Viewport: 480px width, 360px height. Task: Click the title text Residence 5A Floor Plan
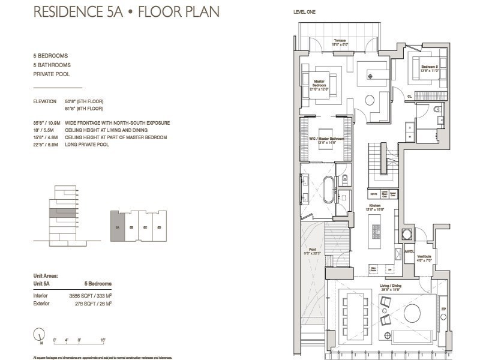tap(126, 12)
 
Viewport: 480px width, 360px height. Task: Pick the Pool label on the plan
tap(312, 251)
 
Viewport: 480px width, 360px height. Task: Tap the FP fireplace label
tap(443, 310)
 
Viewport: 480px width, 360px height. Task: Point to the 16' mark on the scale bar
tap(103, 340)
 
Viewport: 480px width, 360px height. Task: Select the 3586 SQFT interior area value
tap(91, 296)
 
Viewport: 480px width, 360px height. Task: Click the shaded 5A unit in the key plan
tap(117, 226)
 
